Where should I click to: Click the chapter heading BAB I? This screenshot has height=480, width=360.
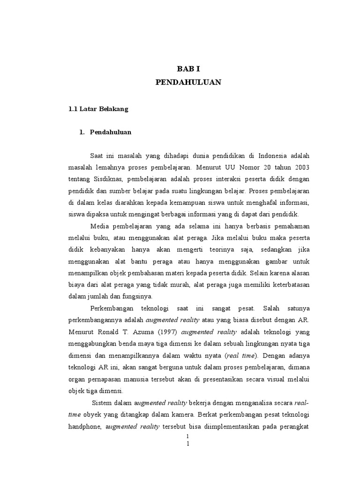point(188,67)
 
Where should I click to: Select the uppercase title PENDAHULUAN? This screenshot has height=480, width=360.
point(188,82)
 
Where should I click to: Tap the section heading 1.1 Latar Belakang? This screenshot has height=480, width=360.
point(98,109)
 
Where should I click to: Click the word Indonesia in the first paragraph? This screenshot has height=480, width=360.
point(271,155)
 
